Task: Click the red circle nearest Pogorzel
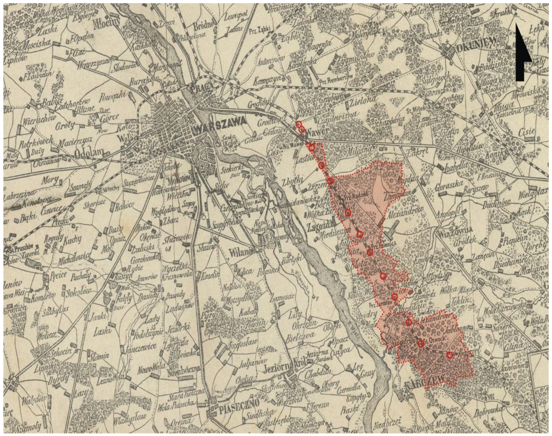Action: [450, 355]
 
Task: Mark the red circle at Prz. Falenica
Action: [370, 252]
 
